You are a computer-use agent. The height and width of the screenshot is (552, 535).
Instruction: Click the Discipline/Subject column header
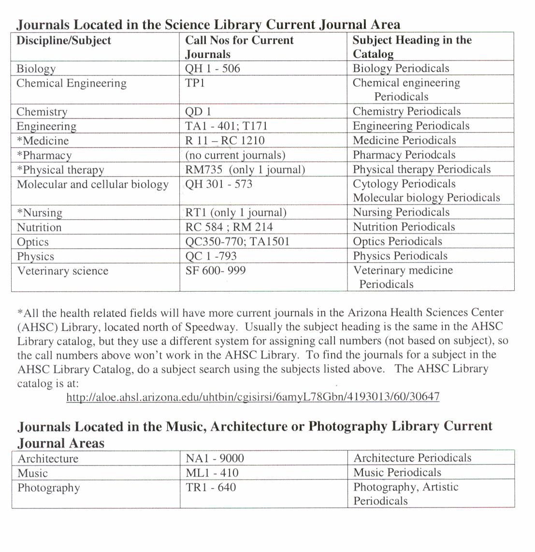point(64,41)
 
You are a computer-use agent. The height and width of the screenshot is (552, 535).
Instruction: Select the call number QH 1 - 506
point(213,69)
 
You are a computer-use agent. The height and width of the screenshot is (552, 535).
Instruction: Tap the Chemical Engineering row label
point(72,83)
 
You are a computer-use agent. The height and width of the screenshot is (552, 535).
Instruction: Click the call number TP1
point(195,83)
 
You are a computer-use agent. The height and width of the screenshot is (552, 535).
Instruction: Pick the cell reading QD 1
point(198,112)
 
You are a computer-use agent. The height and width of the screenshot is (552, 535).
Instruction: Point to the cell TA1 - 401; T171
point(226,126)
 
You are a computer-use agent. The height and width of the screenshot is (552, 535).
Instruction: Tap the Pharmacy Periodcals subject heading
point(404,155)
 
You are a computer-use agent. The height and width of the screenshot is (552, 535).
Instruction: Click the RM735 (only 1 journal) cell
point(245,170)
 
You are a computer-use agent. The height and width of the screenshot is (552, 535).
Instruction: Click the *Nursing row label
point(40,213)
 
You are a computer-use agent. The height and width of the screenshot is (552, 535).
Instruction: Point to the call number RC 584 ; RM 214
point(229,227)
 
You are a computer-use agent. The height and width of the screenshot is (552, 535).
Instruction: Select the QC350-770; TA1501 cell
point(237,241)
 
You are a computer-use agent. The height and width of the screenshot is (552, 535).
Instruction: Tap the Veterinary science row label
point(63,270)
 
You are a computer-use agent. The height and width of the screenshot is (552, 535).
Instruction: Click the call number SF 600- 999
point(216,270)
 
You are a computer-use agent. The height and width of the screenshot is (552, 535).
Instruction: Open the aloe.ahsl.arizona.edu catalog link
point(253,397)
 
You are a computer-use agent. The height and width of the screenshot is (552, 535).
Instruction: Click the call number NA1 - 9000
point(215,458)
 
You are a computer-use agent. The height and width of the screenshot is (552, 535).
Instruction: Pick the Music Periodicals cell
point(397,473)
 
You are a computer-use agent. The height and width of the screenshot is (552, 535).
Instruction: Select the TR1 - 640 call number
point(211,487)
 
